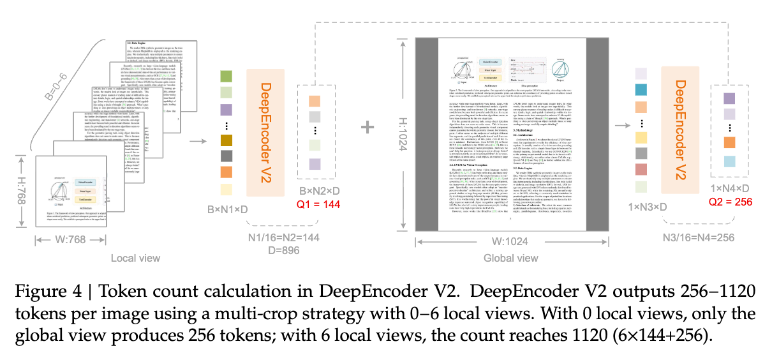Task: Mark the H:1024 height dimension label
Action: coord(403,139)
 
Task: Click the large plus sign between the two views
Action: coord(367,127)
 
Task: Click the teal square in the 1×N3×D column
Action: coord(642,90)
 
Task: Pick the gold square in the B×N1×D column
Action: coord(225,140)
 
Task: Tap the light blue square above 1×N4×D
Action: coord(729,160)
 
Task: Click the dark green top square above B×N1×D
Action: coord(225,77)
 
